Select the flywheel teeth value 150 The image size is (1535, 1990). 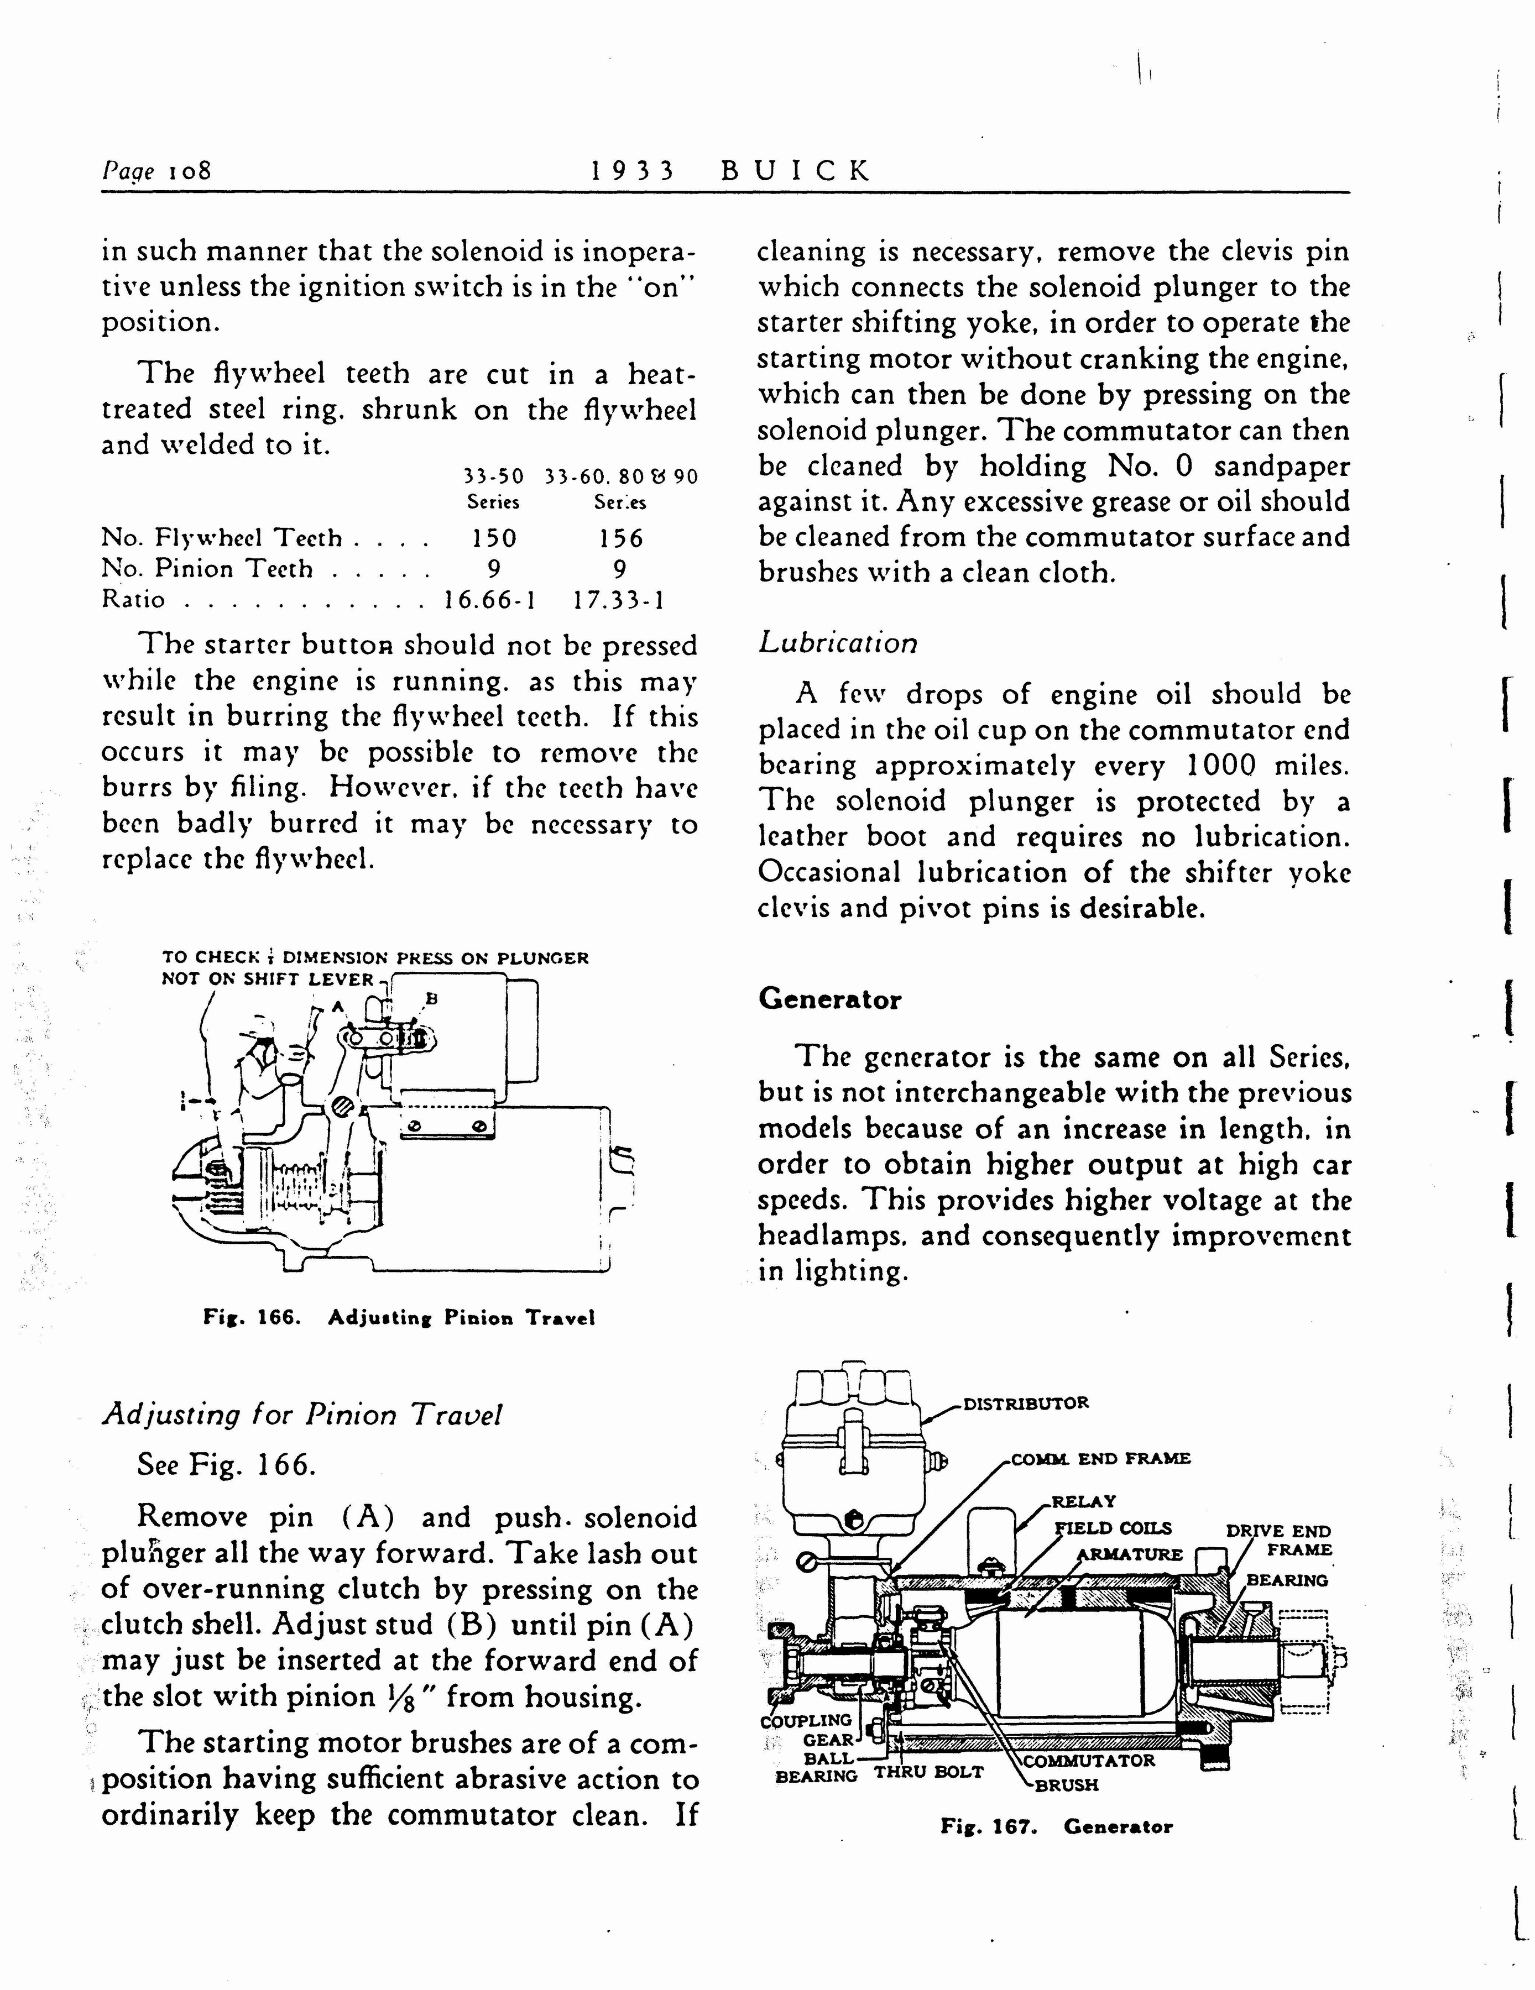coord(494,538)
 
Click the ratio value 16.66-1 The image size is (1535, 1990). coord(489,600)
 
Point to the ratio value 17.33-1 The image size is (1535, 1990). coord(619,600)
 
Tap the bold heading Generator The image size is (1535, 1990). coord(829,999)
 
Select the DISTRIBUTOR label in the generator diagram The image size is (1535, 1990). coord(1026,1403)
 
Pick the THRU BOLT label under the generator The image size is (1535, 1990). coord(929,1772)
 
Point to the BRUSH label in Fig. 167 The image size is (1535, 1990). coord(1067,1785)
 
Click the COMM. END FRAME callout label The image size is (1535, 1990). coord(1100,1458)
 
